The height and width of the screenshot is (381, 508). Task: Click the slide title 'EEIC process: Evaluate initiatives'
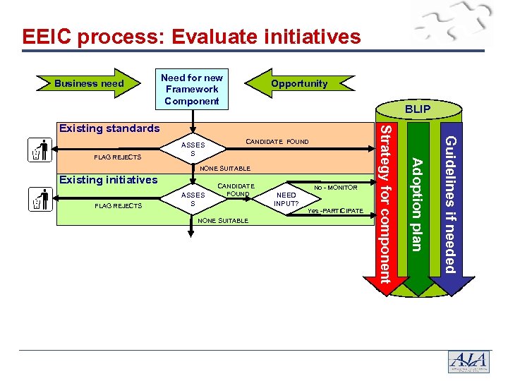(x=191, y=37)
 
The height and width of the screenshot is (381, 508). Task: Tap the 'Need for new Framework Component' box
(x=192, y=89)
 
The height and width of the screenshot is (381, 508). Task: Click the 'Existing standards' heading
(x=109, y=128)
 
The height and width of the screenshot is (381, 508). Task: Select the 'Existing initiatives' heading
(x=108, y=180)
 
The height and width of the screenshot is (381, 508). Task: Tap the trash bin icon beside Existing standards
(x=40, y=150)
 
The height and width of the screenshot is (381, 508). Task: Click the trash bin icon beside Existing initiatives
(x=40, y=200)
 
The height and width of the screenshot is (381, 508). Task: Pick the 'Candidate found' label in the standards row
(x=277, y=142)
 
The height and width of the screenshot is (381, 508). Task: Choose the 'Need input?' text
(x=286, y=200)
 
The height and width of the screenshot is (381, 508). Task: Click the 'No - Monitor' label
(x=336, y=188)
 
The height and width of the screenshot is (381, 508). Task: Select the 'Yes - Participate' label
(x=335, y=212)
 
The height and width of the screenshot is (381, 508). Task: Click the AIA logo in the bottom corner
(x=468, y=361)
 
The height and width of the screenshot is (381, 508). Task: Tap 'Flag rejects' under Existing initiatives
(x=118, y=206)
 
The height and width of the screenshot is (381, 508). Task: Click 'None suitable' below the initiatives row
(x=223, y=221)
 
